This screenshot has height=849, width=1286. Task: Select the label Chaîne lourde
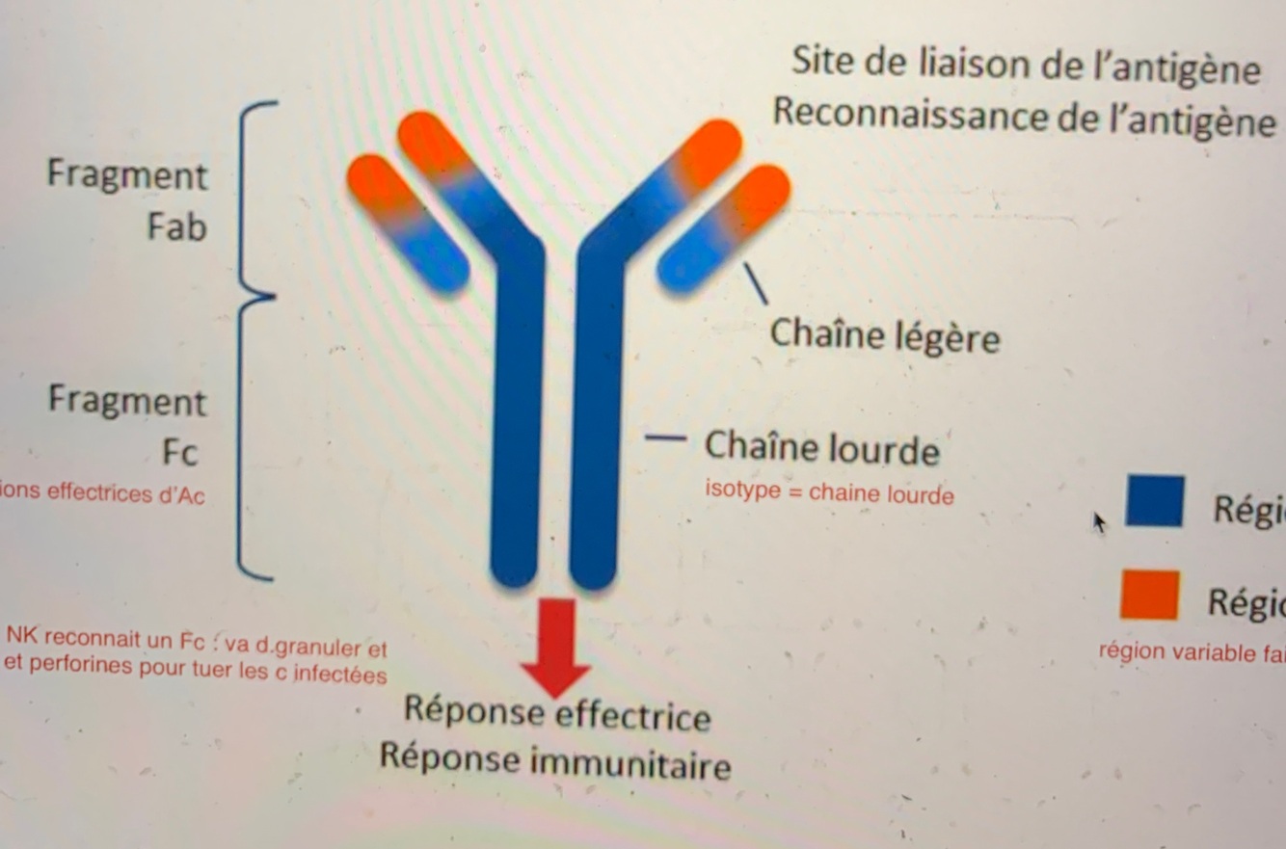click(x=821, y=448)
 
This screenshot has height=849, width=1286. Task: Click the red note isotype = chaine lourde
click(x=829, y=493)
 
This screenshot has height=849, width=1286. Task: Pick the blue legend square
click(x=1154, y=501)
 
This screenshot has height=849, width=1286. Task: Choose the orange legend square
click(x=1149, y=595)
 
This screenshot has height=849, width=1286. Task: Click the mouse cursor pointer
click(x=1098, y=522)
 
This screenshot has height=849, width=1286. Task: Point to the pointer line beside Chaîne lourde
click(x=665, y=438)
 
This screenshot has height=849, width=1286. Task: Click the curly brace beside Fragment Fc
click(x=253, y=438)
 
